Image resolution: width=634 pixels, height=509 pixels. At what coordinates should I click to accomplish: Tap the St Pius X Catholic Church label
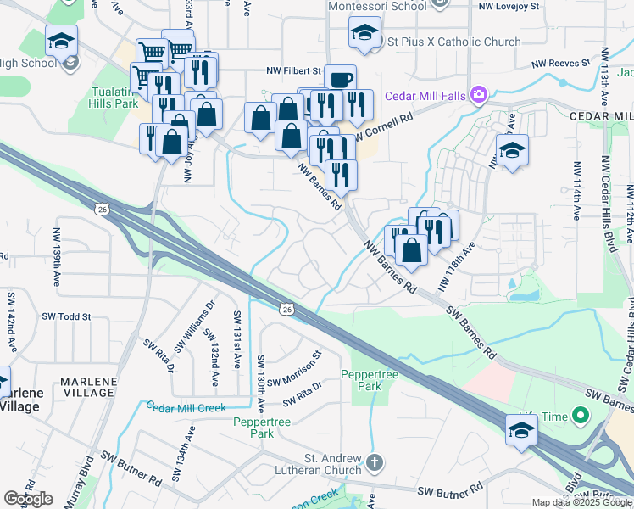pyautogui.click(x=453, y=42)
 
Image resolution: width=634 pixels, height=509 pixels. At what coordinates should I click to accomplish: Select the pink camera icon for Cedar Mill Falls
pyautogui.click(x=480, y=94)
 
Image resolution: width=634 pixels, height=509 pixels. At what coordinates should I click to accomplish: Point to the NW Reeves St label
pyautogui.click(x=560, y=64)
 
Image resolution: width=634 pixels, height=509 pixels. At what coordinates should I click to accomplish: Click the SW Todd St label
pyautogui.click(x=66, y=316)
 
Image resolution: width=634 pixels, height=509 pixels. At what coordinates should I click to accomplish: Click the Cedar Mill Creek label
pyautogui.click(x=186, y=407)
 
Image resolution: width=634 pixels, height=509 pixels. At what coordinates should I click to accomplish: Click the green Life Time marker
pyautogui.click(x=581, y=417)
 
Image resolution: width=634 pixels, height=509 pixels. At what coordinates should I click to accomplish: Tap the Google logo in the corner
pyautogui.click(x=28, y=498)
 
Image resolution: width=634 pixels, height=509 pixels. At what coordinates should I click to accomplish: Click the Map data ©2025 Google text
pyautogui.click(x=581, y=502)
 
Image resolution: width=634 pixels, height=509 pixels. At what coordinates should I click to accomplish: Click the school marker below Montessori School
pyautogui.click(x=364, y=34)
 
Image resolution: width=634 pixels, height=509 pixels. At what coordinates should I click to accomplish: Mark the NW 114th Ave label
pyautogui.click(x=577, y=195)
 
